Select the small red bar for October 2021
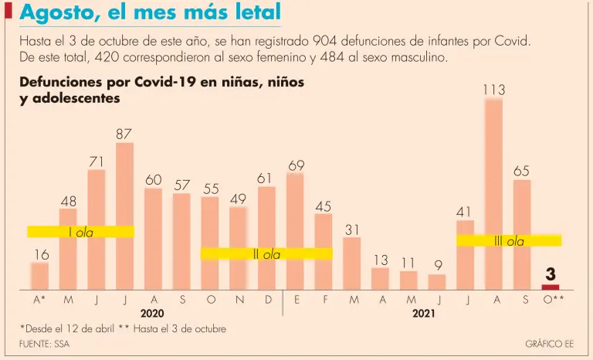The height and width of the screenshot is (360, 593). tap(551, 287)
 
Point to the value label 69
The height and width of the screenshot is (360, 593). tap(296, 165)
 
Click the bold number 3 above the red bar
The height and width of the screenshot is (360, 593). tap(551, 274)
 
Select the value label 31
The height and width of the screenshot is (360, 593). tap(352, 229)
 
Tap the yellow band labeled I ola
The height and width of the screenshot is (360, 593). tap(80, 231)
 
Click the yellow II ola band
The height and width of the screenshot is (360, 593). tap(266, 253)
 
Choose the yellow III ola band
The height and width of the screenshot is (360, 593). tap(509, 240)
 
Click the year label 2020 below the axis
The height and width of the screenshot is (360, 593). tap(151, 314)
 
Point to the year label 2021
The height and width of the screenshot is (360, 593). tap(423, 314)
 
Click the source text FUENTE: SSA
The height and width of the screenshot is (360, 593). tap(44, 344)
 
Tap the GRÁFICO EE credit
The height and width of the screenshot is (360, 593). tap(549, 344)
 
